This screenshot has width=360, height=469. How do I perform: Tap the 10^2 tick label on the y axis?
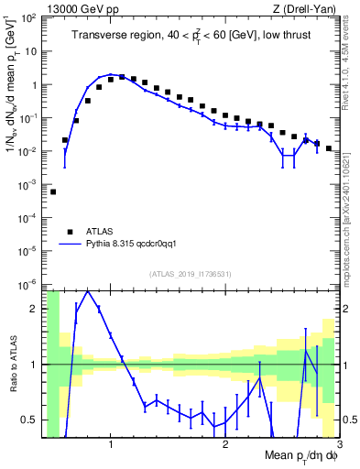click(30, 18)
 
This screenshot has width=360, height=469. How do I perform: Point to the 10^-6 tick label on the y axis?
click(30, 283)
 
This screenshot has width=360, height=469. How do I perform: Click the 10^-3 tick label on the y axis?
click(30, 184)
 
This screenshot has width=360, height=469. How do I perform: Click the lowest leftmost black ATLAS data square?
click(53, 191)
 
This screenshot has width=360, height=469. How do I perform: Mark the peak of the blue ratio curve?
click(88, 291)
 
